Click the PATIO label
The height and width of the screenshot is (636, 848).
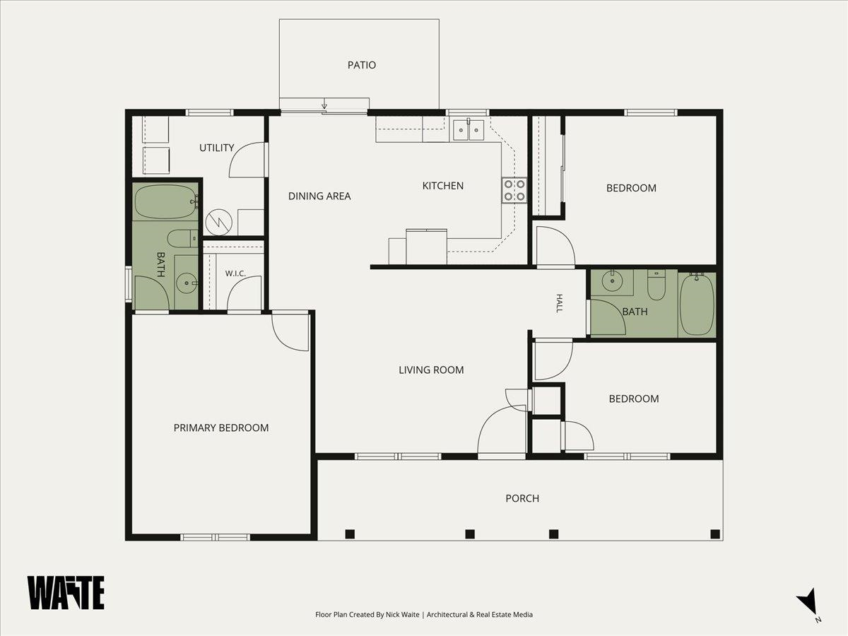362,65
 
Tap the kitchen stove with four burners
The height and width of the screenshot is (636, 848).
514,190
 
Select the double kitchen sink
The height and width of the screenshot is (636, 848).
469,129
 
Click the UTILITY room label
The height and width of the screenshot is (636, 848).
217,148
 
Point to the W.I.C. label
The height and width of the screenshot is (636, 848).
235,273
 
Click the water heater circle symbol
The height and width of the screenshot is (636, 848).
218,223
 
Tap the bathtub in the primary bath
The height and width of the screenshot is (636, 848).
166,202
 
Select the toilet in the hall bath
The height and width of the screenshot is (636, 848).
656,285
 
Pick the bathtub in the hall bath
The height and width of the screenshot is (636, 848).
697,305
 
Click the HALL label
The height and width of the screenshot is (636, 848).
559,303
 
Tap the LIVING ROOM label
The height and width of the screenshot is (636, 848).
431,370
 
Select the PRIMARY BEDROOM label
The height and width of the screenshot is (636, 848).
221,428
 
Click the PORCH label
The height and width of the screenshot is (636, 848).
522,498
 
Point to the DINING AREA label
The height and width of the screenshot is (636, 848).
319,196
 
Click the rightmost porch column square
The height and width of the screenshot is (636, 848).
715,534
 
